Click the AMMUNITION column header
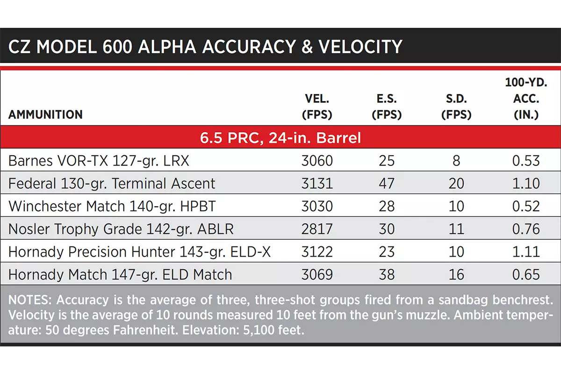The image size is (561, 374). click(x=45, y=115)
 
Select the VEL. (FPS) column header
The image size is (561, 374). click(x=317, y=107)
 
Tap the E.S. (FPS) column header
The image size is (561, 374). click(x=387, y=107)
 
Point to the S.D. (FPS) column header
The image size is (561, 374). click(x=456, y=107)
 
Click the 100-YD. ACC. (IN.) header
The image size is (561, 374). click(x=526, y=99)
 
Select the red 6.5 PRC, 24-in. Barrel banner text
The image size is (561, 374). click(x=280, y=137)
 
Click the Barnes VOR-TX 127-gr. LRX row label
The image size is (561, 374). click(x=99, y=160)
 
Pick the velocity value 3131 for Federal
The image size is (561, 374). click(x=317, y=183)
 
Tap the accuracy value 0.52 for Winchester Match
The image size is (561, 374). click(x=526, y=206)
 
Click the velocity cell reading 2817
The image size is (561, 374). click(x=317, y=229)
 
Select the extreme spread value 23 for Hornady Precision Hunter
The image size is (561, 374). click(x=387, y=252)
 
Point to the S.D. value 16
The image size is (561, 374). click(x=456, y=274)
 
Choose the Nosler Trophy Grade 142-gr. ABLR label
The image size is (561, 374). click(x=121, y=229)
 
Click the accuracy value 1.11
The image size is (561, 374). click(x=526, y=252)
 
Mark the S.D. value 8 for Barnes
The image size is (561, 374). click(x=456, y=160)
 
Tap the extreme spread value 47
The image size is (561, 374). click(x=387, y=183)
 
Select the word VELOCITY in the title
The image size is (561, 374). click(x=360, y=47)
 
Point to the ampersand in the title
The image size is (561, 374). click(x=307, y=47)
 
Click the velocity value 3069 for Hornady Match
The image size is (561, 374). click(x=317, y=274)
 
